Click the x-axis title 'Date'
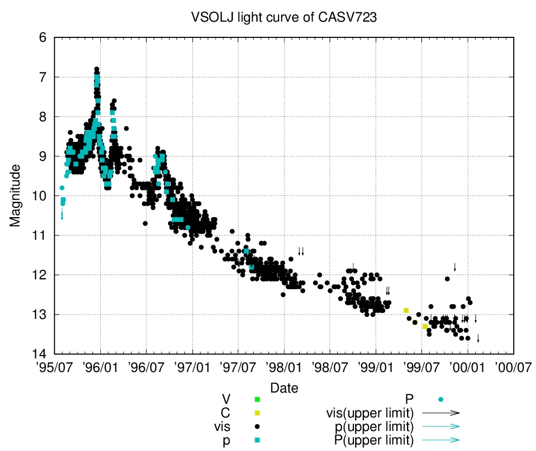(284, 388)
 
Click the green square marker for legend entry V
(257, 400)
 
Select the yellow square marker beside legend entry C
(257, 413)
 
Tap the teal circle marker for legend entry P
(441, 400)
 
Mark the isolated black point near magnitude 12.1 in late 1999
(447, 279)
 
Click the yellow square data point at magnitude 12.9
(406, 310)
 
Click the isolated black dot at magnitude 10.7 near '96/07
(145, 223)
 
